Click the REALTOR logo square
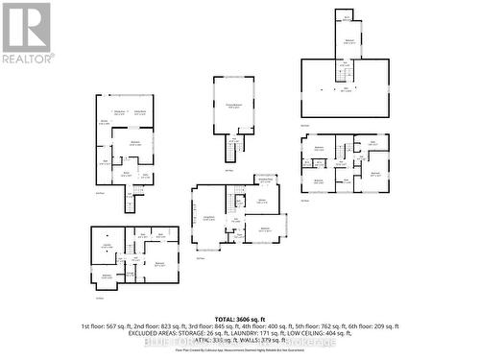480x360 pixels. coord(27,27)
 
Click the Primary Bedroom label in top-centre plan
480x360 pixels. coord(233,107)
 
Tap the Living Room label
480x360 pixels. coord(207,220)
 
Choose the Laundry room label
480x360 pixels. coord(108,246)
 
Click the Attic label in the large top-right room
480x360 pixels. coord(347,88)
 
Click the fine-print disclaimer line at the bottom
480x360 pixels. coord(240,352)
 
